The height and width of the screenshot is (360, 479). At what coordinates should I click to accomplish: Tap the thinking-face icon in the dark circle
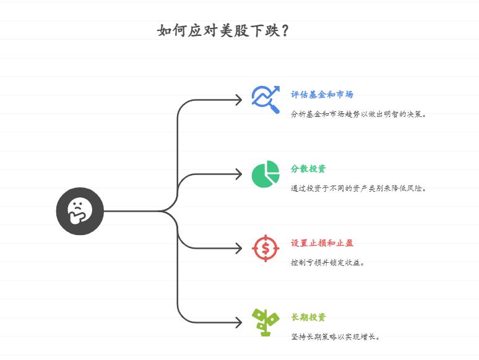pyautogui.click(x=80, y=211)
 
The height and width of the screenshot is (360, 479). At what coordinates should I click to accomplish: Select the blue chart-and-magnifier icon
pyautogui.click(x=265, y=99)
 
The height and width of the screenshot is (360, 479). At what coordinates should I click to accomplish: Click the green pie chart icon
pyautogui.click(x=265, y=174)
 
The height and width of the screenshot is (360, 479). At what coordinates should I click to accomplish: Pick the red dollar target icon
pyautogui.click(x=265, y=248)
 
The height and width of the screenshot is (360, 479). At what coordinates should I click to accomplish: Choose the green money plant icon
pyautogui.click(x=265, y=322)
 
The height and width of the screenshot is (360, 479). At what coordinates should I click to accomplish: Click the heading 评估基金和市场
pyautogui.click(x=322, y=95)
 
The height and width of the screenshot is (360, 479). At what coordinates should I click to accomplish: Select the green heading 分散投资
pyautogui.click(x=308, y=169)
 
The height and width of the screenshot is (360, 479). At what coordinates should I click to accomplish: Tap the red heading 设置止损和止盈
pyautogui.click(x=322, y=243)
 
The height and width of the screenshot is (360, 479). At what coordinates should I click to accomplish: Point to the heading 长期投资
pyautogui.click(x=308, y=317)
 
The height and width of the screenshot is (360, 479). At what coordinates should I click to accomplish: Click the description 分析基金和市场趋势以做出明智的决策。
pyautogui.click(x=359, y=114)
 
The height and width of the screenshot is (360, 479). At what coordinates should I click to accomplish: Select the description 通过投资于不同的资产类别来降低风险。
pyautogui.click(x=359, y=188)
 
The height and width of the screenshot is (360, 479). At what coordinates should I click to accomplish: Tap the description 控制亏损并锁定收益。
pyautogui.click(x=328, y=262)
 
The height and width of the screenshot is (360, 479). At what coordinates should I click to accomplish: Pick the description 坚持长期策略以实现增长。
pyautogui.click(x=335, y=336)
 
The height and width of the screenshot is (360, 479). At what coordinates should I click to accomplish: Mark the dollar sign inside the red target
pyautogui.click(x=265, y=249)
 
